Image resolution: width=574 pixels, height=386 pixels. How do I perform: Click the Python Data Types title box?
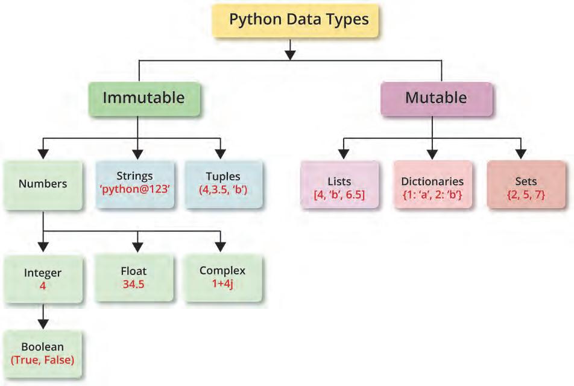298,20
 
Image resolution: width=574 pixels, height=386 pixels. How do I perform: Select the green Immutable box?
143,98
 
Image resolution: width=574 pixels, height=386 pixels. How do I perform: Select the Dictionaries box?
432,186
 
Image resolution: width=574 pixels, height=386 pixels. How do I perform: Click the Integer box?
42,279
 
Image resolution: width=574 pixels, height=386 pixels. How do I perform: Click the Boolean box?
42,354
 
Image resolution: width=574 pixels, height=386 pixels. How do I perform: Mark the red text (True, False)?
42,360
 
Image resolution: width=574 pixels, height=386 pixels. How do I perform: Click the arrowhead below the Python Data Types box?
291,55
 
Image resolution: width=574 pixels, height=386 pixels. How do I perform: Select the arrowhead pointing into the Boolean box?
43,324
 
